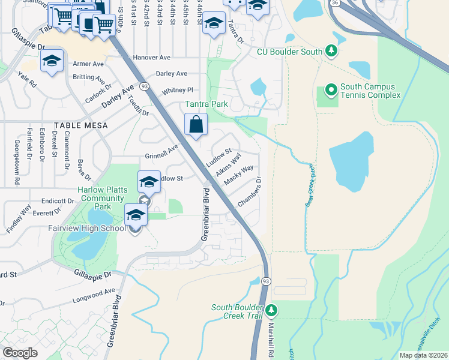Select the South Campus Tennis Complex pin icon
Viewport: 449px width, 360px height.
coord(330,91)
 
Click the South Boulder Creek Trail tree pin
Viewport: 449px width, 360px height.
coord(271,310)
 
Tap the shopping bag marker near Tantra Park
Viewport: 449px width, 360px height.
coord(196,125)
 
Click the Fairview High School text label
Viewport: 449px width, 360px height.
coord(87,228)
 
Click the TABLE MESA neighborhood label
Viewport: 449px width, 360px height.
coord(80,125)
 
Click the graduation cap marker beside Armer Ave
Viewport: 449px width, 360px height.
coord(52,61)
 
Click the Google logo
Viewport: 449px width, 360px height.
coord(20,353)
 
